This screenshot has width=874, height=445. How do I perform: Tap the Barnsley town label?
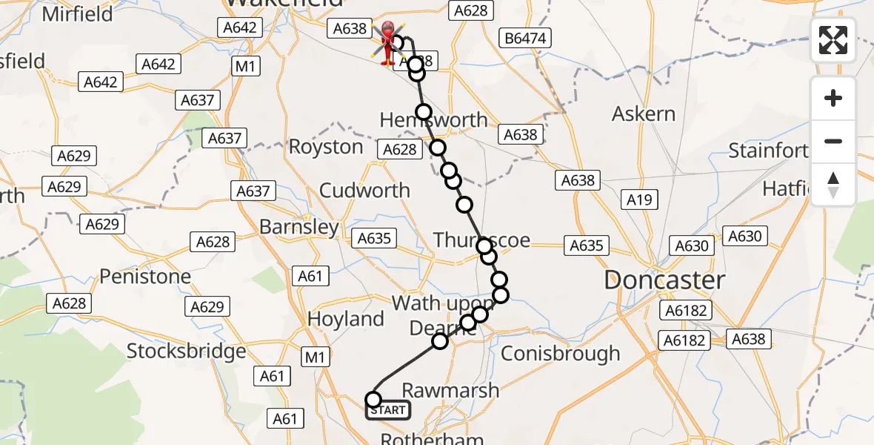tap(299, 227)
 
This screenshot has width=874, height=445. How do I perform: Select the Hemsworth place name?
tap(434, 119)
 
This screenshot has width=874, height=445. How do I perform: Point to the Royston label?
tap(326, 147)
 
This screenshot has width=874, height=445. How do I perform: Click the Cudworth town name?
tap(364, 190)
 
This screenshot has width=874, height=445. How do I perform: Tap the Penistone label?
tap(145, 277)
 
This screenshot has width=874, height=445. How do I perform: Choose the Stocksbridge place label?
tap(186, 351)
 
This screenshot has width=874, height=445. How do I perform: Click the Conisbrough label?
tap(561, 354)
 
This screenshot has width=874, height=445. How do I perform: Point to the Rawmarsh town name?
tap(450, 390)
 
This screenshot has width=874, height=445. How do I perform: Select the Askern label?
tap(644, 114)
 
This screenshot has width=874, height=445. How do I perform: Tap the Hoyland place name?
tap(346, 320)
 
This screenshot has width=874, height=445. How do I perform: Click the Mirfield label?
tap(78, 14)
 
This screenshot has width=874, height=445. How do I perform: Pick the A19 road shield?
tap(639, 199)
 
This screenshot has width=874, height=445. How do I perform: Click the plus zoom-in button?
tap(833, 99)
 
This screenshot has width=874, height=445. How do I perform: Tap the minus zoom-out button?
tap(833, 141)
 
